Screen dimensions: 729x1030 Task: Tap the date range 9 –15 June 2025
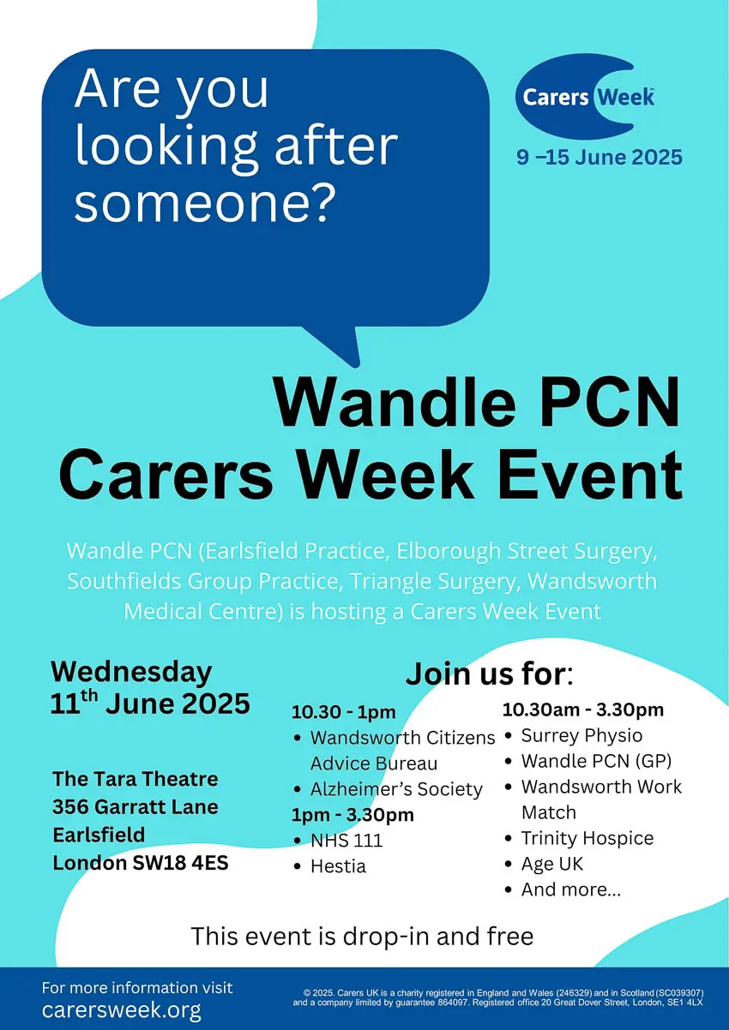pyautogui.click(x=599, y=158)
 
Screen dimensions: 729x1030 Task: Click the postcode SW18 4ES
pyautogui.click(x=180, y=863)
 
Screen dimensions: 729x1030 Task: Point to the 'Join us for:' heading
pyautogui.click(x=489, y=674)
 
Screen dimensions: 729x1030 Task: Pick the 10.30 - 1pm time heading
pyautogui.click(x=344, y=712)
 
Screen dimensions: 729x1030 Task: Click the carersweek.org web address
pyautogui.click(x=122, y=1009)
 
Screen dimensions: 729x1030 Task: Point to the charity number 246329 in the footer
pyautogui.click(x=575, y=993)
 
